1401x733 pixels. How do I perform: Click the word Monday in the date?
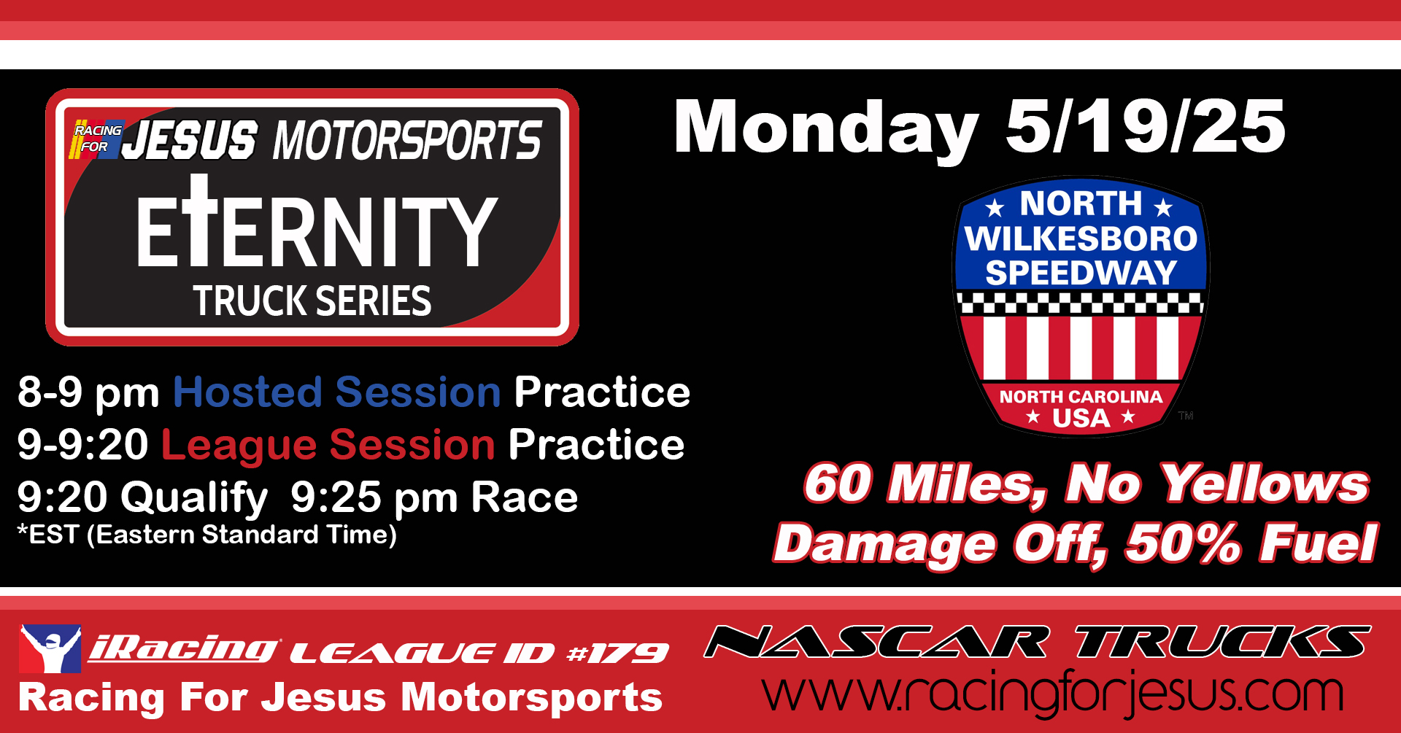point(826,128)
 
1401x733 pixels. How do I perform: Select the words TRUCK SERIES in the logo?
point(312,300)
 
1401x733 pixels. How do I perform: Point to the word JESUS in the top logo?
point(190,140)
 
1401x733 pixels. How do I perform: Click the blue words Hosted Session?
point(337,392)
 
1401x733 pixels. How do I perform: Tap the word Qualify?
point(195,499)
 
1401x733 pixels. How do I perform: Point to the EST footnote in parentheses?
point(207,535)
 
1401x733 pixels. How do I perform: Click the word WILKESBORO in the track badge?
point(1081,238)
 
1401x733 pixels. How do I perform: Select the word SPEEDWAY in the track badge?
point(1081,273)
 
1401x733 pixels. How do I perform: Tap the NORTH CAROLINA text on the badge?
point(1081,397)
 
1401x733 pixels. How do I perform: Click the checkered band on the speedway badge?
point(1081,303)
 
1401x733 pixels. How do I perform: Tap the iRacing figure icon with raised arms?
point(50,648)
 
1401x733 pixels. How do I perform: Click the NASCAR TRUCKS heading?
point(1038,642)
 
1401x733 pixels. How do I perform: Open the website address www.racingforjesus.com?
point(1053,693)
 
